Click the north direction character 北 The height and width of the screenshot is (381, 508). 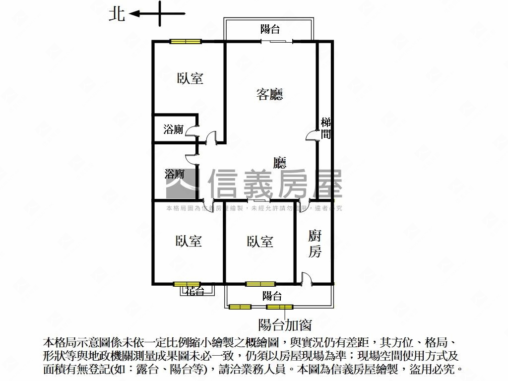[x=117, y=14]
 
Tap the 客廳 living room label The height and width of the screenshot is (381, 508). [x=270, y=94]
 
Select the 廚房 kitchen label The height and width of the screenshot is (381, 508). [x=315, y=243]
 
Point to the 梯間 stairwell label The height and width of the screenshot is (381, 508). [x=326, y=128]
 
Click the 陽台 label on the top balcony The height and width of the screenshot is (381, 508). [x=270, y=29]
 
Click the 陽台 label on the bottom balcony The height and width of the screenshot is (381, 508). [x=272, y=296]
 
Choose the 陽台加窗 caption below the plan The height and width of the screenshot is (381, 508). [x=285, y=325]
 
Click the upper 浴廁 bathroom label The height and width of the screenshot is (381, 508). [x=174, y=130]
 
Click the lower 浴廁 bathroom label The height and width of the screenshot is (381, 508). [x=175, y=174]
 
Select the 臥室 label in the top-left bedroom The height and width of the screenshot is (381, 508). [x=190, y=78]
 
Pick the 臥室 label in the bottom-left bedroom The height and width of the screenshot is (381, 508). [x=189, y=241]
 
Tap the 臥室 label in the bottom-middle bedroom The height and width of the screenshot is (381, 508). [x=260, y=242]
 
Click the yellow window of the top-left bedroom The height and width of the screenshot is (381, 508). [x=185, y=41]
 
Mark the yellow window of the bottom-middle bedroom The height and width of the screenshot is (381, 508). [x=260, y=284]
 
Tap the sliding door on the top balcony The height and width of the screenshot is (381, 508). [x=277, y=41]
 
